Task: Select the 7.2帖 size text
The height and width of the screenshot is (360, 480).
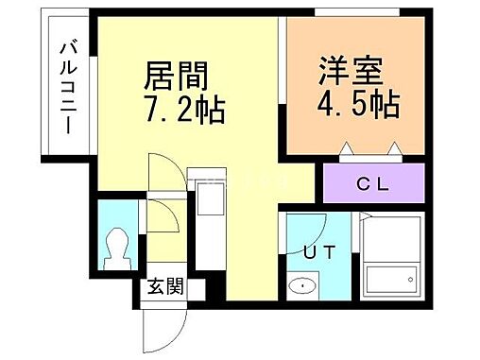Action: pyautogui.click(x=183, y=111)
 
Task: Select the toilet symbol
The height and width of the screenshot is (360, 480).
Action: pyautogui.click(x=118, y=249)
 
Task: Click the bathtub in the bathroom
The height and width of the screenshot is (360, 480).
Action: pyautogui.click(x=390, y=278)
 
